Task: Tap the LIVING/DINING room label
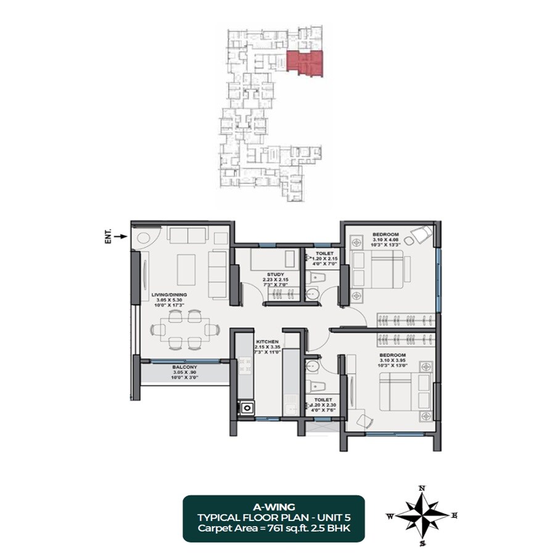[x=168, y=295]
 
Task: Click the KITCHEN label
[x=268, y=341]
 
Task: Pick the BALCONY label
[x=185, y=367]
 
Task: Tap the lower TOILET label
[x=323, y=400]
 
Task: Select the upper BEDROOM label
[x=387, y=234]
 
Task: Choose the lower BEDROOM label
[x=393, y=355]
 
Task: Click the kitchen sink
[x=248, y=407]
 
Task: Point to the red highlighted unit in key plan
[x=305, y=65]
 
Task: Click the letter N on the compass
[x=422, y=488]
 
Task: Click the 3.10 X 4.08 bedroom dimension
[x=387, y=240]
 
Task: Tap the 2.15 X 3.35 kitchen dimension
[x=268, y=347]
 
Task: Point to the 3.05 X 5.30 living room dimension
[x=168, y=301]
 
